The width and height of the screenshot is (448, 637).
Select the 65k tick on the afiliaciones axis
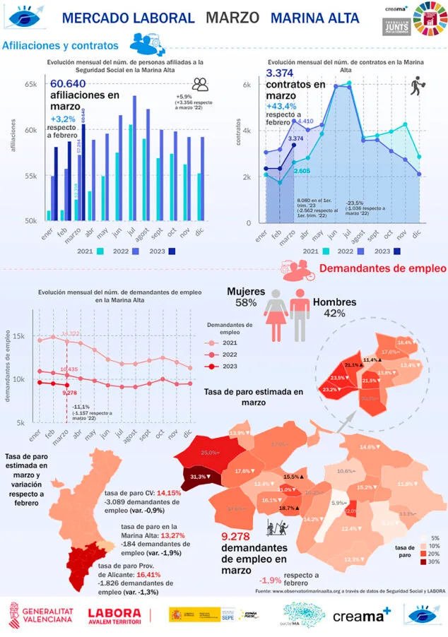point(30,85)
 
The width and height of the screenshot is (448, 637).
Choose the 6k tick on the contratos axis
point(247,85)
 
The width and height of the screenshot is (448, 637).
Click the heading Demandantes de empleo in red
point(382,268)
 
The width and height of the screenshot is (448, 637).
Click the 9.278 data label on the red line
point(69,392)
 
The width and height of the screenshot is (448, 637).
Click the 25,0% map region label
point(209,452)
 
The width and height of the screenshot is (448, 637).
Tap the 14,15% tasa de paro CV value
point(172,493)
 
